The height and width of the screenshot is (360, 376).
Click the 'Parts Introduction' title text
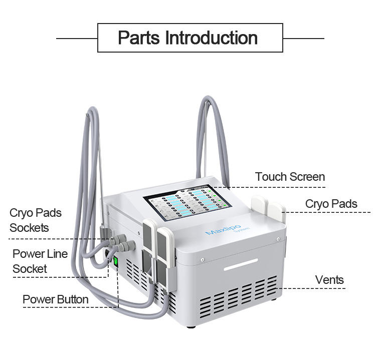click(187, 38)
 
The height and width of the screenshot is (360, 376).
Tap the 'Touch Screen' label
click(290, 177)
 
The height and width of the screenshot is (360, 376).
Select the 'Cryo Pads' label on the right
click(331, 204)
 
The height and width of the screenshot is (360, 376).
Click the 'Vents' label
click(329, 279)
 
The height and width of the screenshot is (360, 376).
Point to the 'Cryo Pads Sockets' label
click(36, 220)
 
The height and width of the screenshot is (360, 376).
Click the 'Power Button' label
click(55, 299)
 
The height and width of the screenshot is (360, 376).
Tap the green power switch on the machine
click(115, 261)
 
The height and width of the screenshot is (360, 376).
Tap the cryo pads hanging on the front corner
click(157, 250)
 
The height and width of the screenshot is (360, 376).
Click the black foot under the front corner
click(190, 327)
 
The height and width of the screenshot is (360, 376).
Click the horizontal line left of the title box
click(76, 38)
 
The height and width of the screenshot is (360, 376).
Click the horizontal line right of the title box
click(303, 38)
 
